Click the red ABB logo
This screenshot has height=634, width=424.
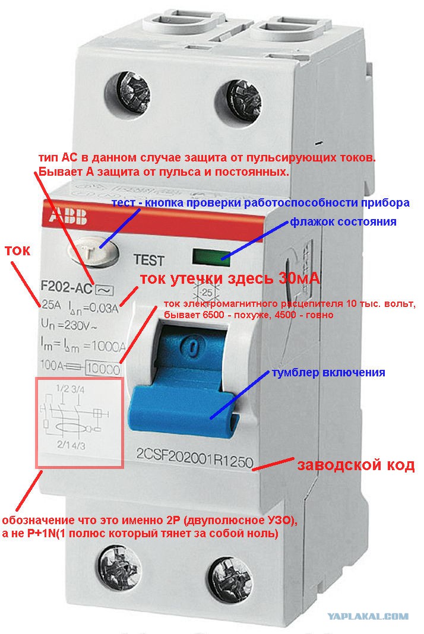point(68,217)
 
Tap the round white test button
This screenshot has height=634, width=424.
point(93,252)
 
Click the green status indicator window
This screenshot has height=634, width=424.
point(211,257)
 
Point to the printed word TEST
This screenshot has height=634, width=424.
point(149,260)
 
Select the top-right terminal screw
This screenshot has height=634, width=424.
point(238,102)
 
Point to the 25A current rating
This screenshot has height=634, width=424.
point(51,305)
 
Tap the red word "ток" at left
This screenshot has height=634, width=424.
point(18,251)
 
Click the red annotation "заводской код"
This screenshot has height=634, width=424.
point(356,465)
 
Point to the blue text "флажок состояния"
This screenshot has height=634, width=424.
point(343,221)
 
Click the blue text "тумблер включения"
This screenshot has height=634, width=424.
point(328,372)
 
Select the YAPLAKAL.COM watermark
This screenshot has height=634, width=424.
point(368,617)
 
